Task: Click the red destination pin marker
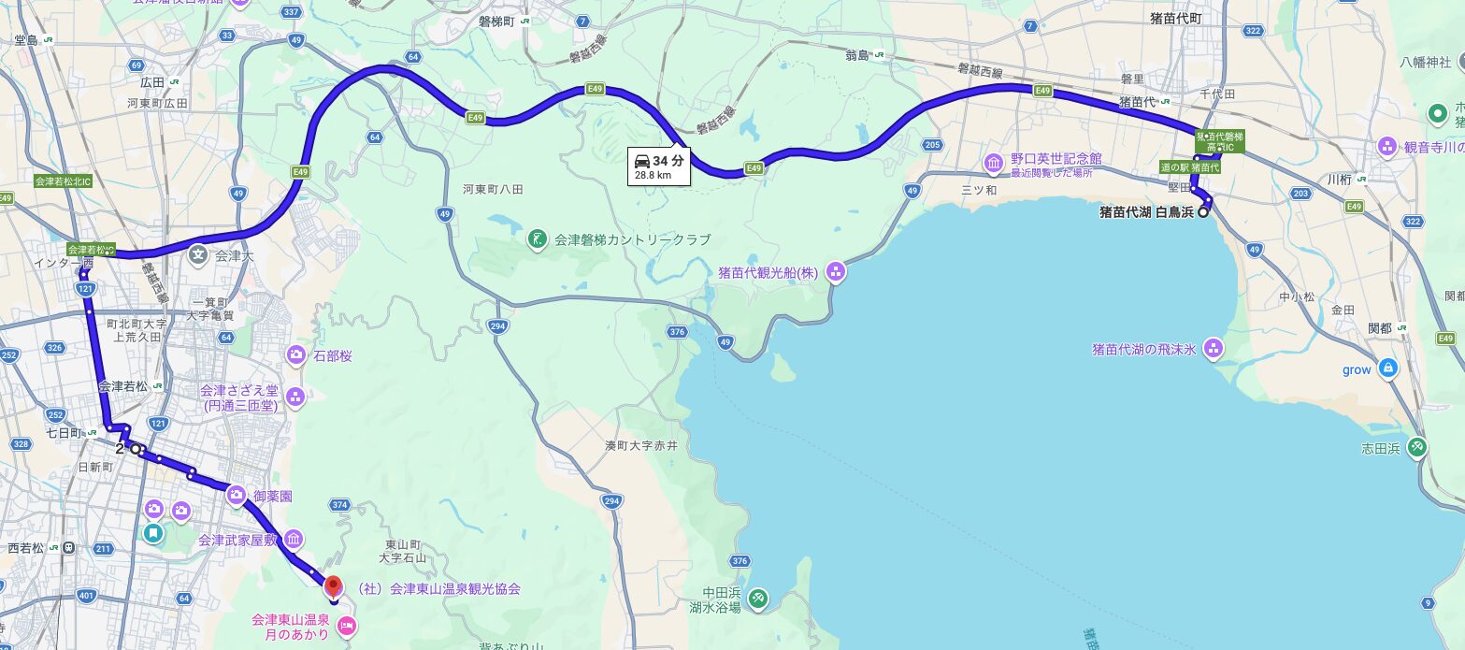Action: point(333,587)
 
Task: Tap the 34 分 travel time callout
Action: point(658,166)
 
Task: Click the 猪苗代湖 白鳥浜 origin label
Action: point(1147,212)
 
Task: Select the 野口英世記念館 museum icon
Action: point(992,165)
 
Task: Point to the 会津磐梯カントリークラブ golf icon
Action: point(536,239)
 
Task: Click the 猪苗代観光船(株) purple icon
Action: point(835,273)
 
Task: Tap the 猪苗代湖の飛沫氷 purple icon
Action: point(1214,350)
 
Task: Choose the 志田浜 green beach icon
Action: point(1418,448)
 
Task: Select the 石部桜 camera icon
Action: point(296,355)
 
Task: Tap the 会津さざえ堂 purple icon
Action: point(296,397)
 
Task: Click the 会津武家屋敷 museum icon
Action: point(294,540)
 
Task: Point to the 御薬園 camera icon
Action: point(236,496)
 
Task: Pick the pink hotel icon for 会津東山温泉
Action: point(346,626)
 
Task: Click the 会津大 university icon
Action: point(198,253)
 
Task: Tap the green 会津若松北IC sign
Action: point(62,181)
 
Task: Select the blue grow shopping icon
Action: point(1388,369)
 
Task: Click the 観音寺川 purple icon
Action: point(1388,147)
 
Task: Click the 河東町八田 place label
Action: point(493,189)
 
